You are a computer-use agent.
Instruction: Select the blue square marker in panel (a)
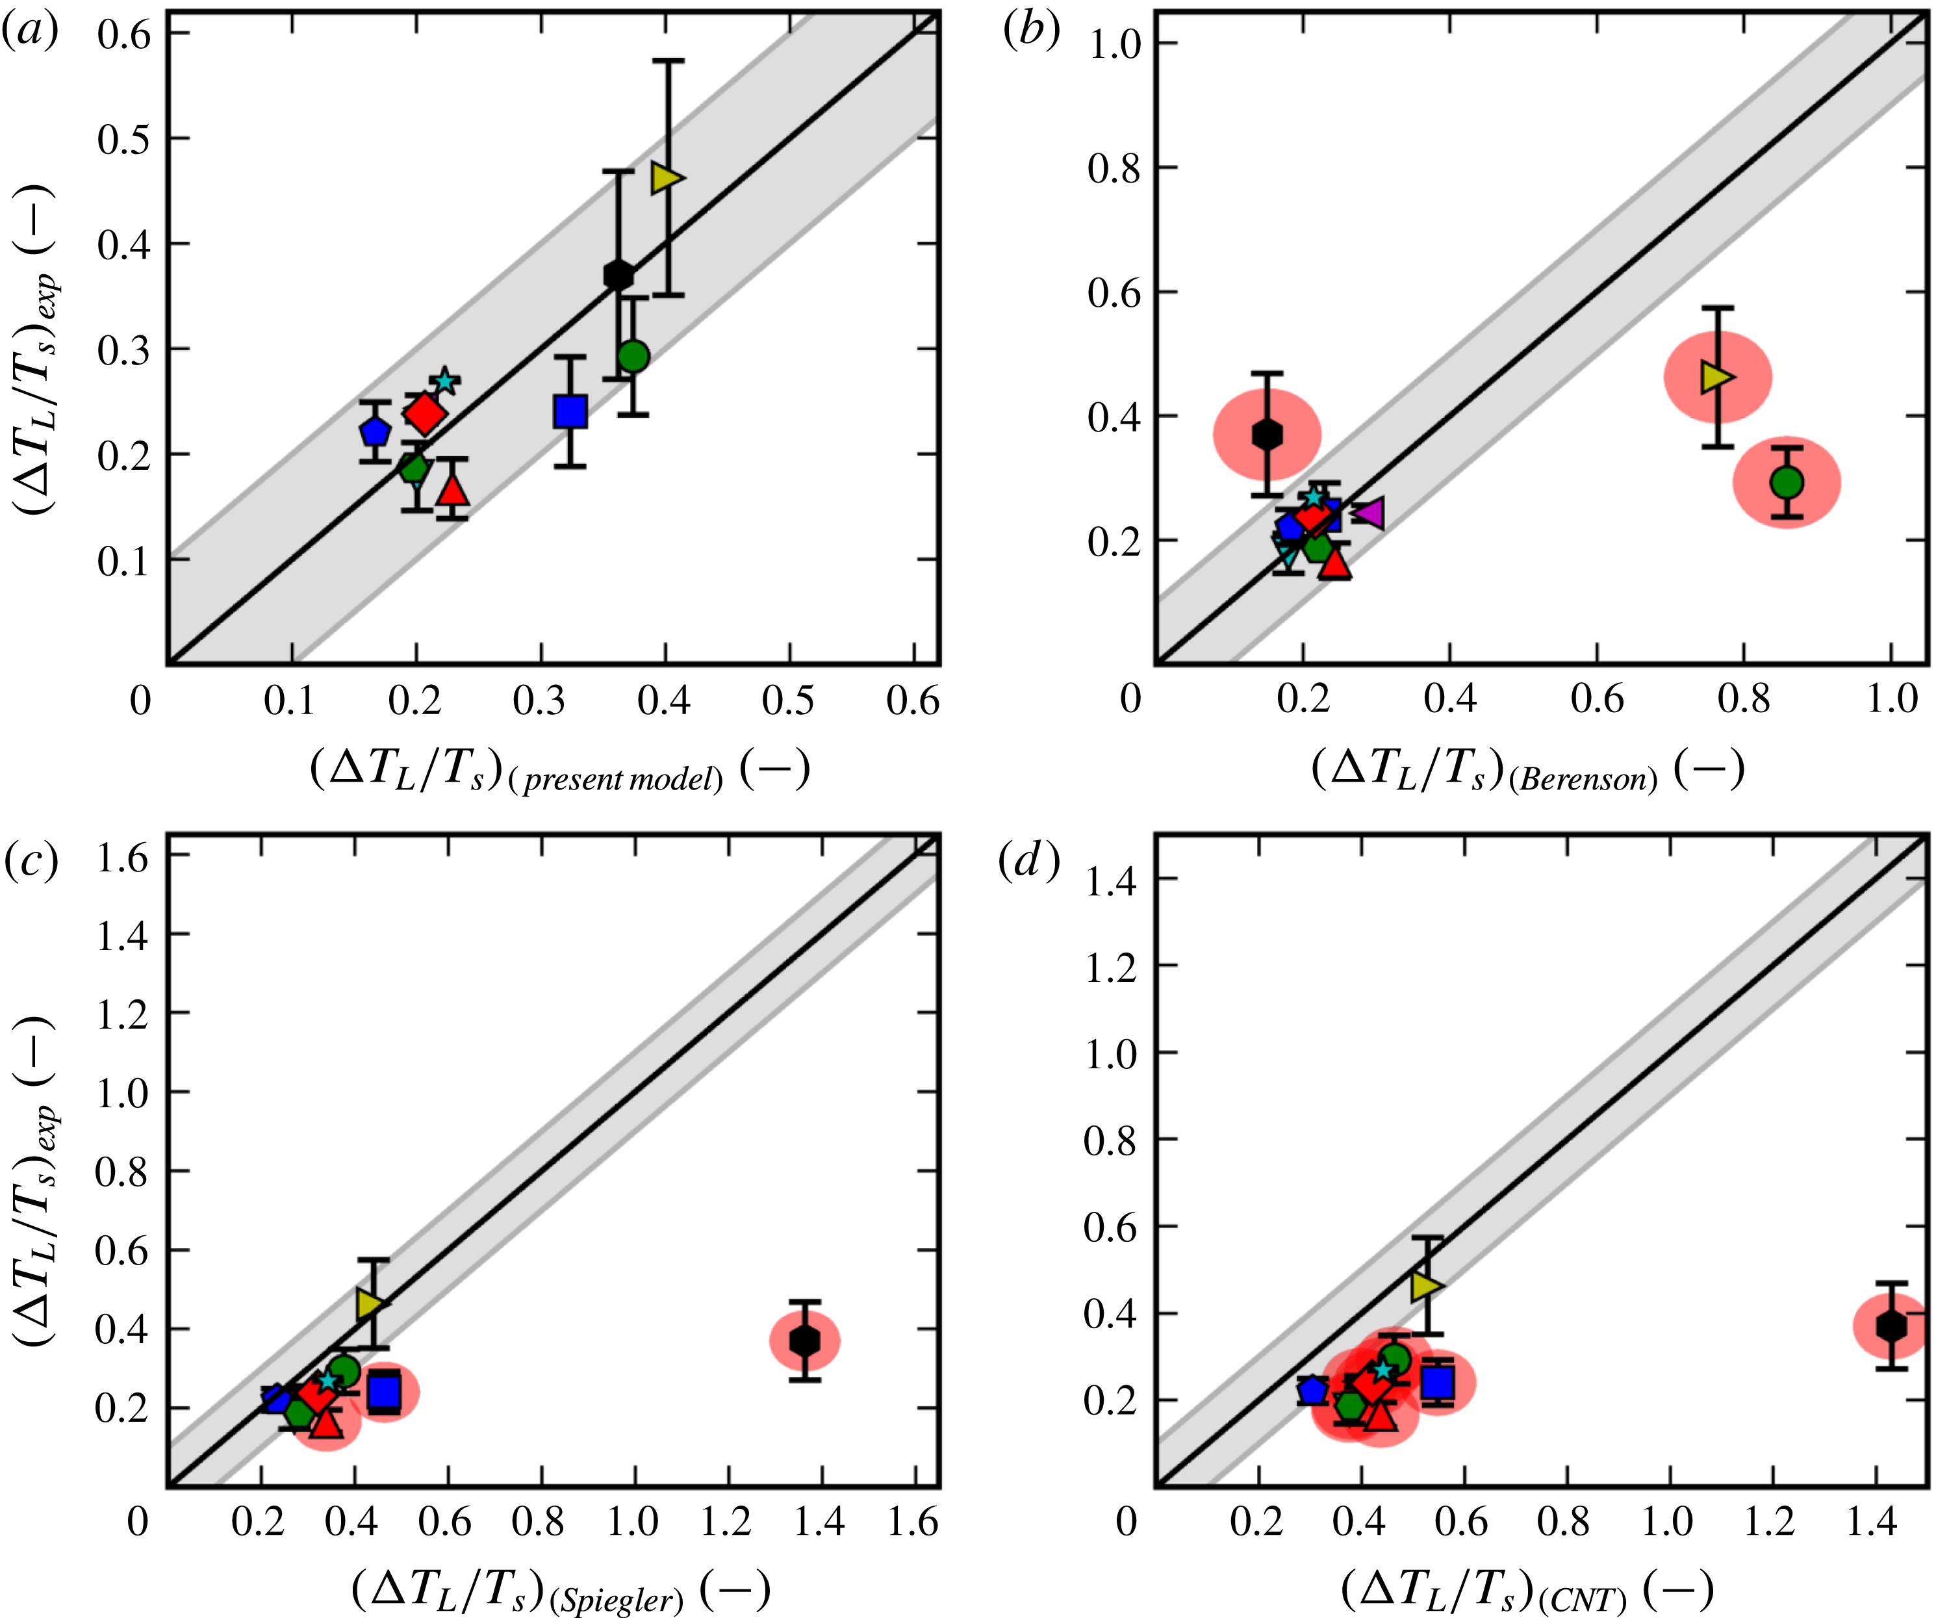[x=570, y=411]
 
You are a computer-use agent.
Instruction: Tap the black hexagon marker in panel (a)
[x=618, y=275]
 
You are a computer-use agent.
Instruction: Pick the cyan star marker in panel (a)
[x=445, y=381]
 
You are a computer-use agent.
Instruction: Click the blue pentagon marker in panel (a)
[x=374, y=431]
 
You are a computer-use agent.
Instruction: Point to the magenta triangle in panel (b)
[x=1368, y=513]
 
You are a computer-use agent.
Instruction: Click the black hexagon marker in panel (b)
[x=1267, y=434]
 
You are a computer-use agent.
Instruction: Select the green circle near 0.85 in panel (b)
[x=1787, y=482]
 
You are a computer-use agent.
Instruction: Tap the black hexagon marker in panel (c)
[x=805, y=1341]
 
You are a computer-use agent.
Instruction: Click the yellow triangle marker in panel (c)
[x=370, y=1303]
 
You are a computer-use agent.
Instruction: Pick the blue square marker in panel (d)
[x=1437, y=1383]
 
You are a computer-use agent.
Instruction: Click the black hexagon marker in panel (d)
[x=1891, y=1326]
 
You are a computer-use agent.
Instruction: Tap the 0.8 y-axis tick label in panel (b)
[x=1113, y=169]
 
